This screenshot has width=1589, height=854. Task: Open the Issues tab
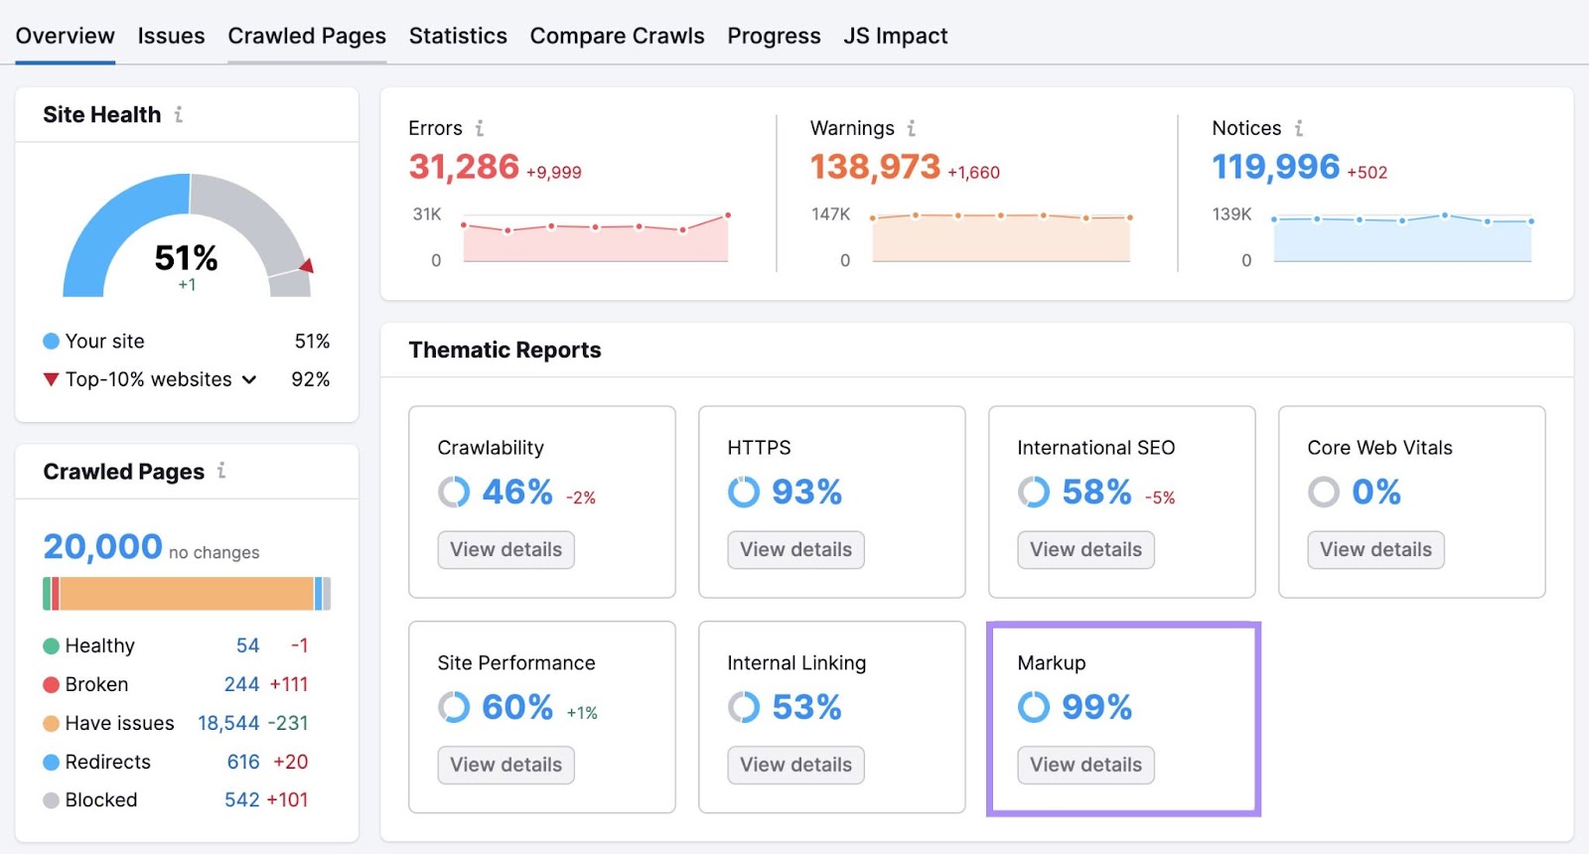171,36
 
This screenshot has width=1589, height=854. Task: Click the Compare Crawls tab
617,36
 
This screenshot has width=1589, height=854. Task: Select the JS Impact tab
895,36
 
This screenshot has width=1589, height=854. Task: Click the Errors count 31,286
464,167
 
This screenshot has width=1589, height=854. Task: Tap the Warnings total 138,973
875,167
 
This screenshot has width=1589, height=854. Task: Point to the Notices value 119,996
1275,167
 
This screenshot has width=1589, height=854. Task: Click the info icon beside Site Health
179,114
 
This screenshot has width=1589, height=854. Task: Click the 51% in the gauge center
186,258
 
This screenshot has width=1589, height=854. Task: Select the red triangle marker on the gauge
307,265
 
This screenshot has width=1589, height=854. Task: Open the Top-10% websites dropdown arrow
249,379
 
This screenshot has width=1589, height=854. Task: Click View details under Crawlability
506,549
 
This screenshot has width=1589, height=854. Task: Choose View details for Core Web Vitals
1375,549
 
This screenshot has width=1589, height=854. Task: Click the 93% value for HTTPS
806,492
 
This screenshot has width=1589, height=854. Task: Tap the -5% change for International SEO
1160,498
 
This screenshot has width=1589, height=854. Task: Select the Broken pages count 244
241,684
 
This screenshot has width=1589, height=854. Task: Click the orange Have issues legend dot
52,723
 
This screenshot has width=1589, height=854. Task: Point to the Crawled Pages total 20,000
102,546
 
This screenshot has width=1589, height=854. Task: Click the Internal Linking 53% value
806,707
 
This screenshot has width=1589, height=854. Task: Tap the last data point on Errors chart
728,214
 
